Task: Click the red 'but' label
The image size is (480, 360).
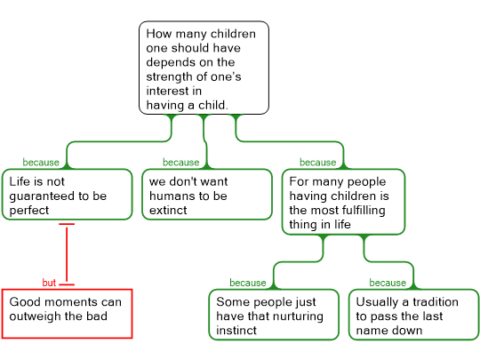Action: pos(49,283)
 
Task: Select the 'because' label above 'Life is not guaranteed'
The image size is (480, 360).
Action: pos(41,162)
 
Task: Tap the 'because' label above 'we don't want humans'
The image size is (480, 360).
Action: pos(181,162)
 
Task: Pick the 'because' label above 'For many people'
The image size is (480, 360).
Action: pos(317,162)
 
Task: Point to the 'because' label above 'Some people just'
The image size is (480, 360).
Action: pos(248,283)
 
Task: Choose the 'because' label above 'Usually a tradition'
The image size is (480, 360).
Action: pos(388,283)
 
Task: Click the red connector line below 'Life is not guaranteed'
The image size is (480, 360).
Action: pos(67,254)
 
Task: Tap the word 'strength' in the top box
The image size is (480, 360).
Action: pos(167,76)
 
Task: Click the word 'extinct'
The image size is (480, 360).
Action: pos(168,211)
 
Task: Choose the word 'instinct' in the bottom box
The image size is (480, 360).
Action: pos(236,331)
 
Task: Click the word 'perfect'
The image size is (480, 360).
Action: pos(29,211)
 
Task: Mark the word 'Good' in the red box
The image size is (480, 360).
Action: pos(22,302)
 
